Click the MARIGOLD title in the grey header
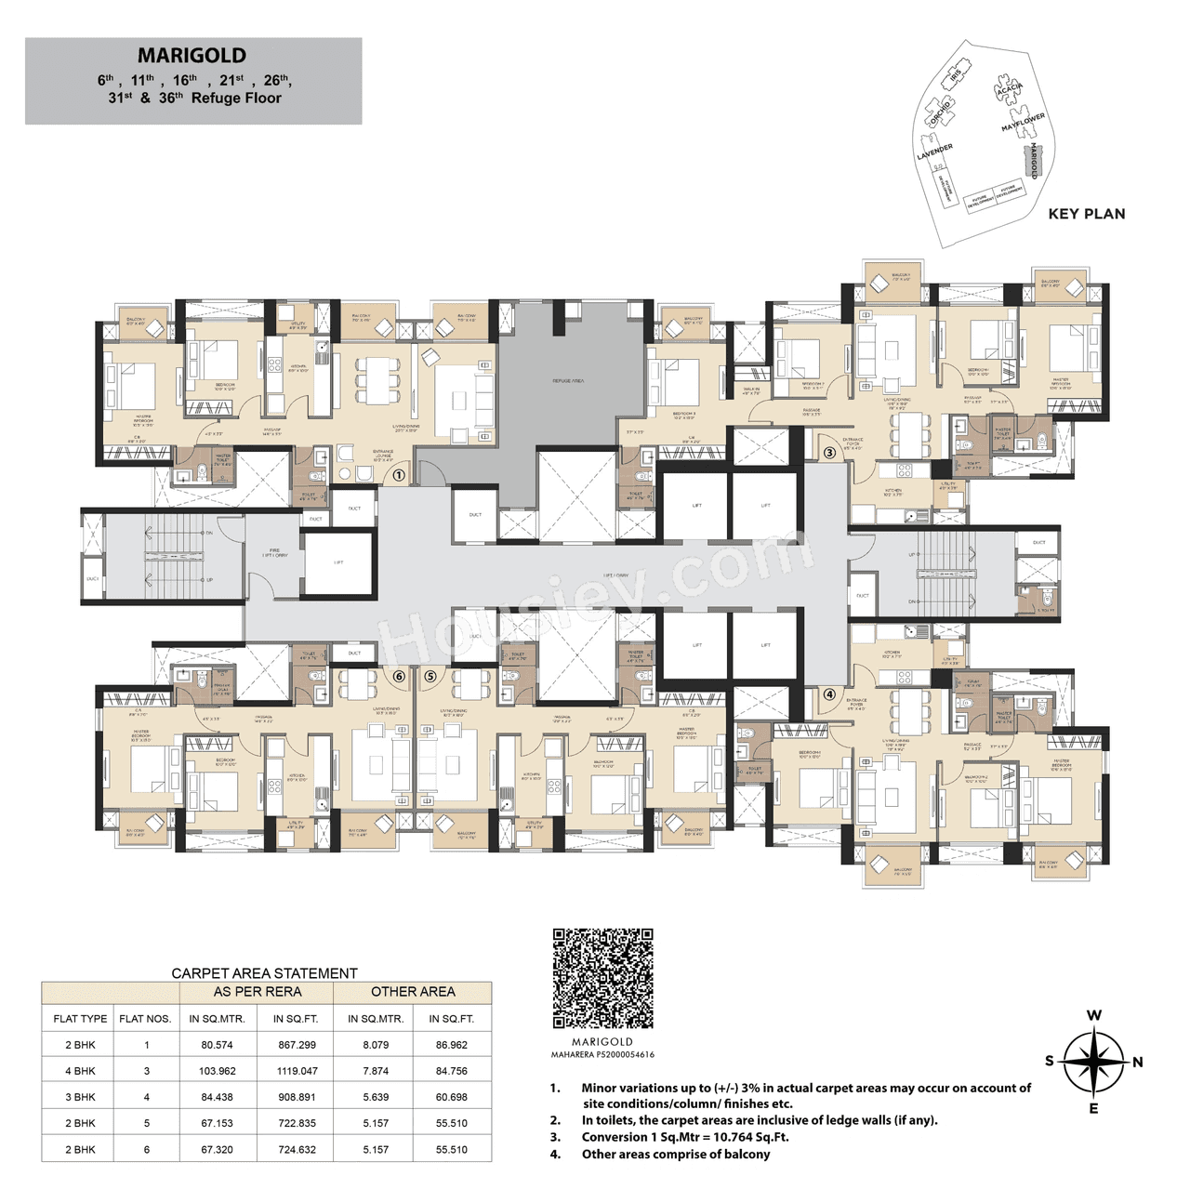(x=192, y=56)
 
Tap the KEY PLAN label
(x=1086, y=214)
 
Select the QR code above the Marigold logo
(x=602, y=977)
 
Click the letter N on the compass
(x=1137, y=1062)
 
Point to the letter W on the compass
(x=1094, y=1015)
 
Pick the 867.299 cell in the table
(x=297, y=1045)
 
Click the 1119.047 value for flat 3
(x=297, y=1071)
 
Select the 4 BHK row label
(x=80, y=1071)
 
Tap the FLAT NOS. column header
(x=145, y=1019)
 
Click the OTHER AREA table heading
(x=413, y=992)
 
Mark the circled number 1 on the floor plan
(x=399, y=475)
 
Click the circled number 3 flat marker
(x=829, y=453)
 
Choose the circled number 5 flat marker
(x=430, y=676)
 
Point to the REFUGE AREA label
(x=568, y=381)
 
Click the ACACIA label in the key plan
(x=1009, y=90)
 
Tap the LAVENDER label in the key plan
(x=934, y=152)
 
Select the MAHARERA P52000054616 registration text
(x=602, y=1055)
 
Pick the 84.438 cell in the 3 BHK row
(x=217, y=1097)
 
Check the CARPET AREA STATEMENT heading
(x=264, y=973)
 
